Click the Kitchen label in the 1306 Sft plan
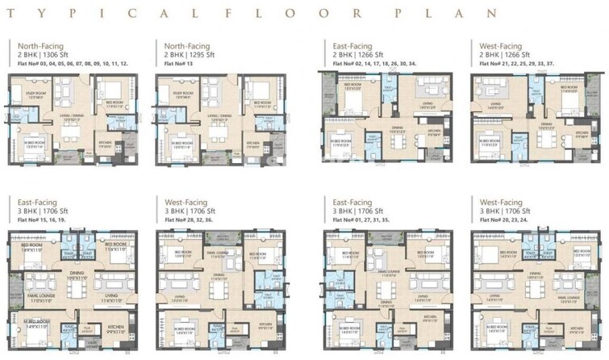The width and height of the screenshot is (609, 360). pyautogui.click(x=105, y=143)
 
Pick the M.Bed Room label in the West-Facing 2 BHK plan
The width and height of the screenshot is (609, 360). pyautogui.click(x=490, y=139)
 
